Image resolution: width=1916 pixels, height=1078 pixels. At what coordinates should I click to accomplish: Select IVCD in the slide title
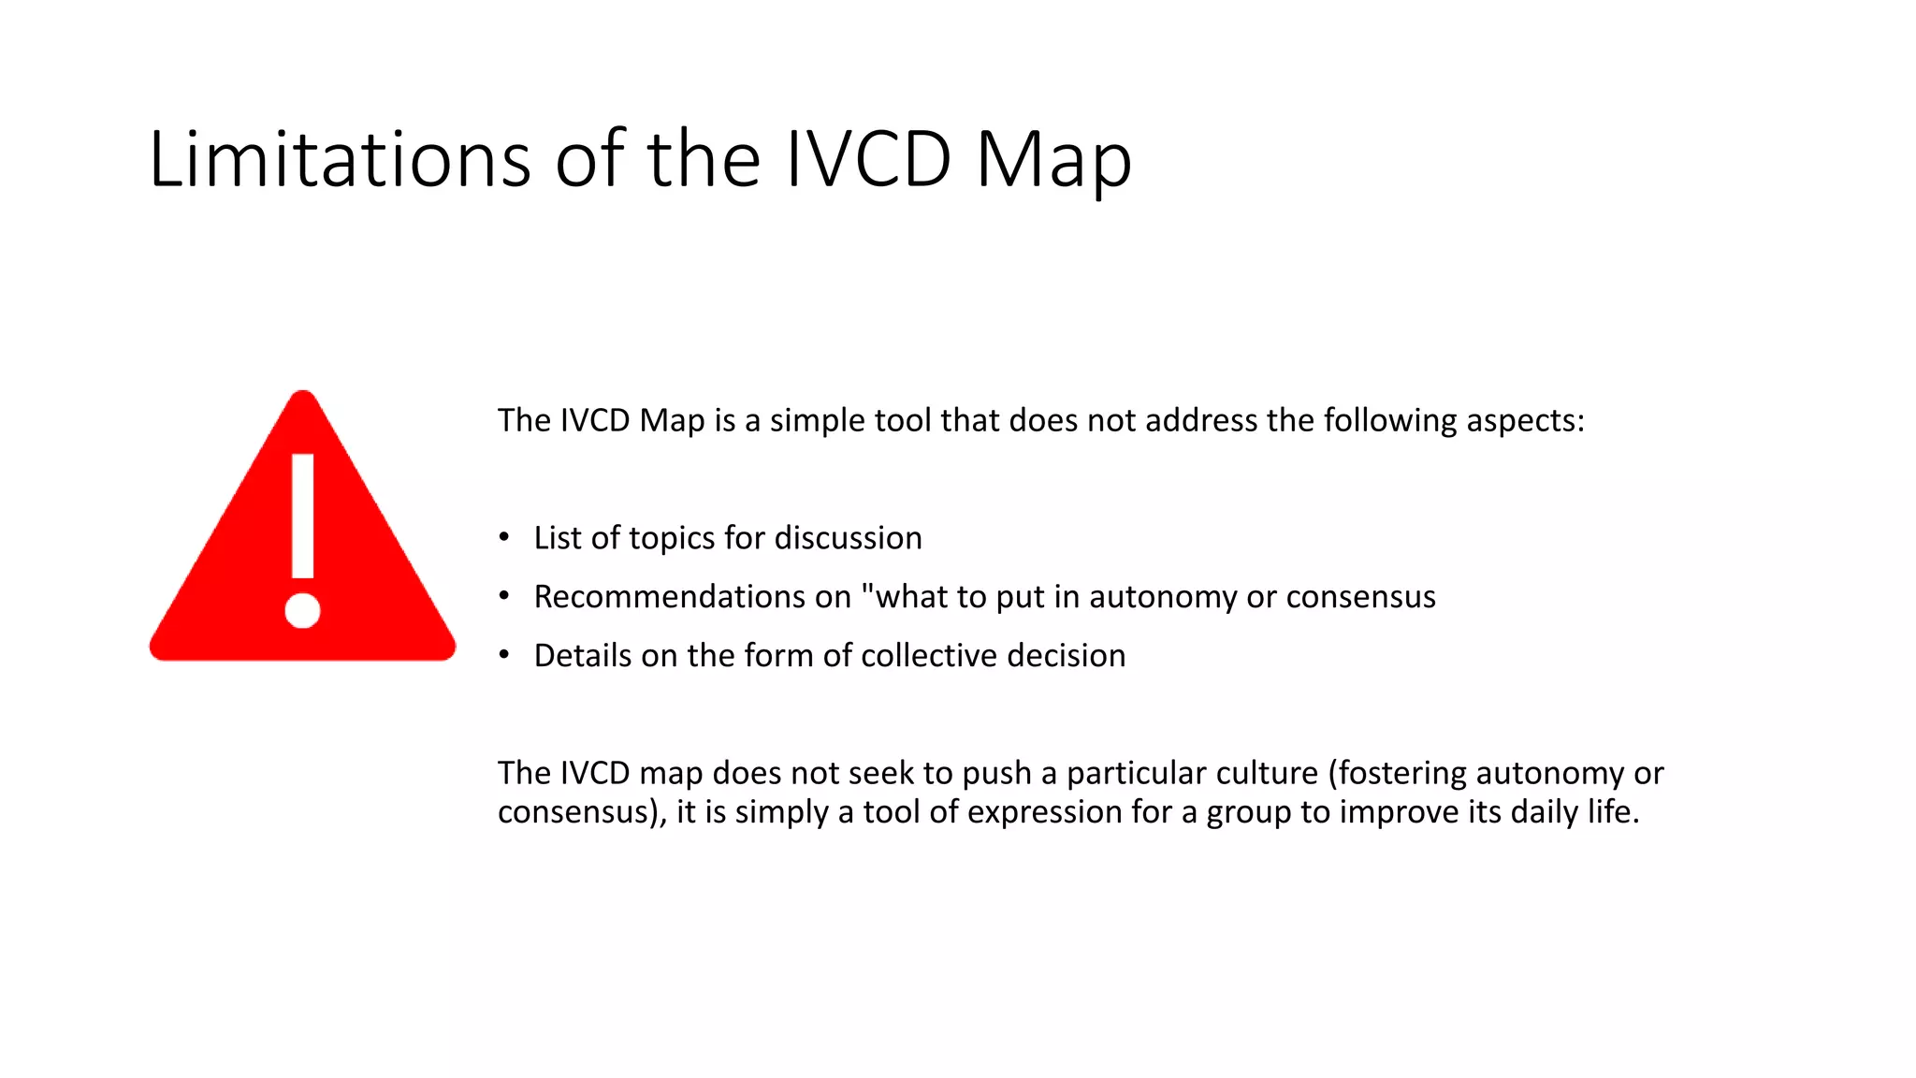click(869, 159)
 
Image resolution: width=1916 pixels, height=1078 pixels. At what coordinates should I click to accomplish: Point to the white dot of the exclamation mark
click(302, 611)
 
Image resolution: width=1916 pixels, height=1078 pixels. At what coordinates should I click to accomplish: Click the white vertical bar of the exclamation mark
click(302, 516)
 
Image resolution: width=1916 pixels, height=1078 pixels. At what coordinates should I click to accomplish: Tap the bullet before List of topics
click(504, 537)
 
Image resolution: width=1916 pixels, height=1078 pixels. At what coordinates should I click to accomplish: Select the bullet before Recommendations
click(504, 596)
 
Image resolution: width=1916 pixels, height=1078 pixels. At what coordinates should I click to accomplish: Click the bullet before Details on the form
click(504, 655)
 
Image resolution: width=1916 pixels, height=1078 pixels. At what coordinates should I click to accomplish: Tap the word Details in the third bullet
click(583, 655)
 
